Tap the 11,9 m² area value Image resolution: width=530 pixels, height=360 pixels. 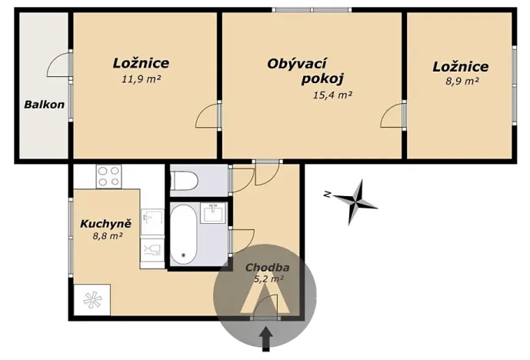click(x=141, y=78)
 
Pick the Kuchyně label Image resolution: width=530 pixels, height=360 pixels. click(x=105, y=224)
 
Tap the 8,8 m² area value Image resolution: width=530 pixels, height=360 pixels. click(x=107, y=236)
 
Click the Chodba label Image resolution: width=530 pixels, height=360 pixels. click(x=267, y=268)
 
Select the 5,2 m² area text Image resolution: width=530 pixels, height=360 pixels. click(x=269, y=279)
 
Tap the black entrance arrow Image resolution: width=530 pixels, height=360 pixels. click(x=266, y=337)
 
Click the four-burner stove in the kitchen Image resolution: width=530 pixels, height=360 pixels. click(x=108, y=176)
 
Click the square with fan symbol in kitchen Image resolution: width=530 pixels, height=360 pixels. click(x=92, y=298)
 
